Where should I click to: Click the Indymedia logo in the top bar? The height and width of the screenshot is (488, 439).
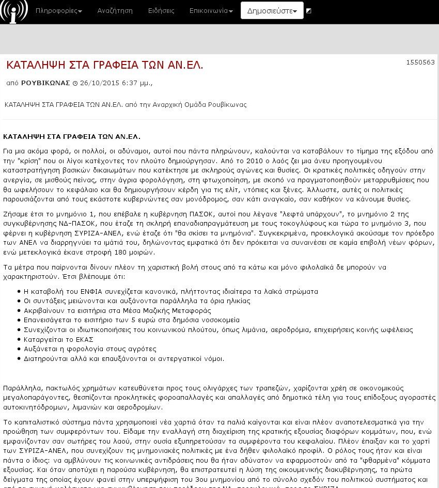tap(14, 12)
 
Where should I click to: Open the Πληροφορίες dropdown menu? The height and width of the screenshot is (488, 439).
tap(59, 11)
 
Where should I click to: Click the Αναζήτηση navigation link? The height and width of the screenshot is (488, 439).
tap(115, 11)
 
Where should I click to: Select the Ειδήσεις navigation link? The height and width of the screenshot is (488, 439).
tap(161, 11)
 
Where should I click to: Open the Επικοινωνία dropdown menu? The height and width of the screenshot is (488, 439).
tap(211, 11)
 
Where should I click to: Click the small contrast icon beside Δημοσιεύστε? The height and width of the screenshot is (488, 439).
tap(309, 10)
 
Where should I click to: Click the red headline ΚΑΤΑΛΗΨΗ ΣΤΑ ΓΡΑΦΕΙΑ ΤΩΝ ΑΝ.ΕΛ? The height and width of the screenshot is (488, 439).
tap(105, 65)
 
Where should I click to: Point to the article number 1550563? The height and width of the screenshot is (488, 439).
tap(420, 62)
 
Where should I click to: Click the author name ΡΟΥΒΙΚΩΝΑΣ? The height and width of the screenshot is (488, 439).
tap(45, 83)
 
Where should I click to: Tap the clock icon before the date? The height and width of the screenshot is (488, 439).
tap(75, 83)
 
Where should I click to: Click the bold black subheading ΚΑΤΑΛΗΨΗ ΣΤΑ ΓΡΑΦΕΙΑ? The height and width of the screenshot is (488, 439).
tap(72, 136)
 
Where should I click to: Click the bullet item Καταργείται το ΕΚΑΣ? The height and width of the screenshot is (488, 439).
tap(58, 339)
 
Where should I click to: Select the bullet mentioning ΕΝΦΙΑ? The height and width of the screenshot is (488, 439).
tap(170, 291)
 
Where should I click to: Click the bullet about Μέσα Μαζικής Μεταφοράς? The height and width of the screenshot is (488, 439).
tap(117, 310)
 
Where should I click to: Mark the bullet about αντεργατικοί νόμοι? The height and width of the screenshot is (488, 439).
tap(124, 358)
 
